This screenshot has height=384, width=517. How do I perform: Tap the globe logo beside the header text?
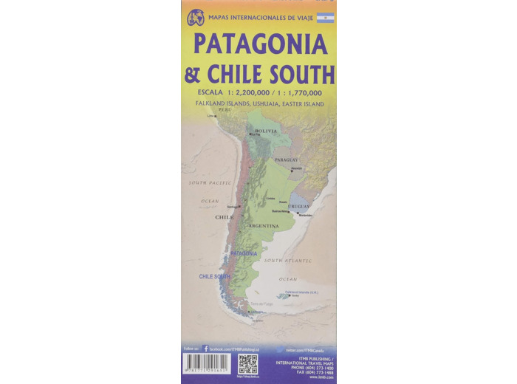[x=196, y=18]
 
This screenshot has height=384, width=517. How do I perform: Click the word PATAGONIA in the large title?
[x=260, y=44]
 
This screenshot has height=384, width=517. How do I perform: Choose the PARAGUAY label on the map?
[x=287, y=160]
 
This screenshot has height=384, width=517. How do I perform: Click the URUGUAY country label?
[x=298, y=206]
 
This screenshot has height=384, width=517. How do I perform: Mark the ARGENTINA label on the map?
[x=263, y=225]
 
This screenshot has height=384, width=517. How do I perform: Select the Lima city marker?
[x=216, y=116]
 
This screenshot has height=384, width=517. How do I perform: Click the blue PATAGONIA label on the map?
[x=244, y=253]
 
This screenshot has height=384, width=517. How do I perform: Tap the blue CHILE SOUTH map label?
[x=215, y=277]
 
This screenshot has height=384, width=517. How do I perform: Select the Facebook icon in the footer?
[x=206, y=348]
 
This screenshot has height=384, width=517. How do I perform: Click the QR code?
[x=247, y=364]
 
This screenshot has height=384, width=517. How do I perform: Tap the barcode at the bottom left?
[x=207, y=364]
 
